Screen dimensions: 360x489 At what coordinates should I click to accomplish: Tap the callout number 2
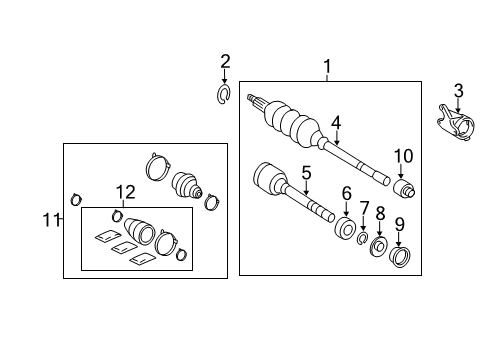225,62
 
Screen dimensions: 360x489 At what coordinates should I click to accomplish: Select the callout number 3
458,91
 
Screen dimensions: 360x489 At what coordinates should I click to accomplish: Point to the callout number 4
336,123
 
